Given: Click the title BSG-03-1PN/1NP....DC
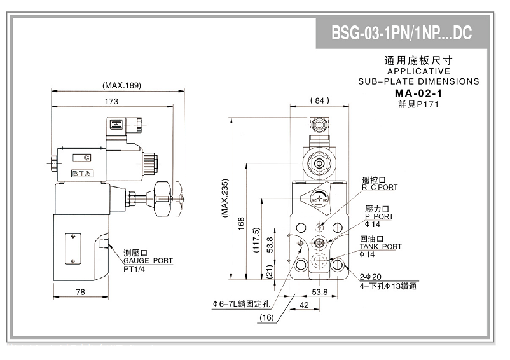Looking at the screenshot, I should click(402, 33).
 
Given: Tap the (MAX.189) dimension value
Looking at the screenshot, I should click(121, 86).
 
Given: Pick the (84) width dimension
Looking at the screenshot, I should click(319, 100).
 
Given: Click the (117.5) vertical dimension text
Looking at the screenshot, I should click(256, 240).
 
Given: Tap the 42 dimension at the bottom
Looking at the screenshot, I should click(304, 305).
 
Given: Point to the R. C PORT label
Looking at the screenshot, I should click(380, 188).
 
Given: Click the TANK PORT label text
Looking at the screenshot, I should click(381, 247).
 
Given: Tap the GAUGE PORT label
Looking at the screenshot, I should click(148, 261).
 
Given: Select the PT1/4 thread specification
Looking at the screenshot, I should click(135, 270).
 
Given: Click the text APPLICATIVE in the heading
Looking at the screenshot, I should click(418, 72).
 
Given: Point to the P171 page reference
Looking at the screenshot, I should click(427, 104).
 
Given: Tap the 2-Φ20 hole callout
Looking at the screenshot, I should click(369, 277).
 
